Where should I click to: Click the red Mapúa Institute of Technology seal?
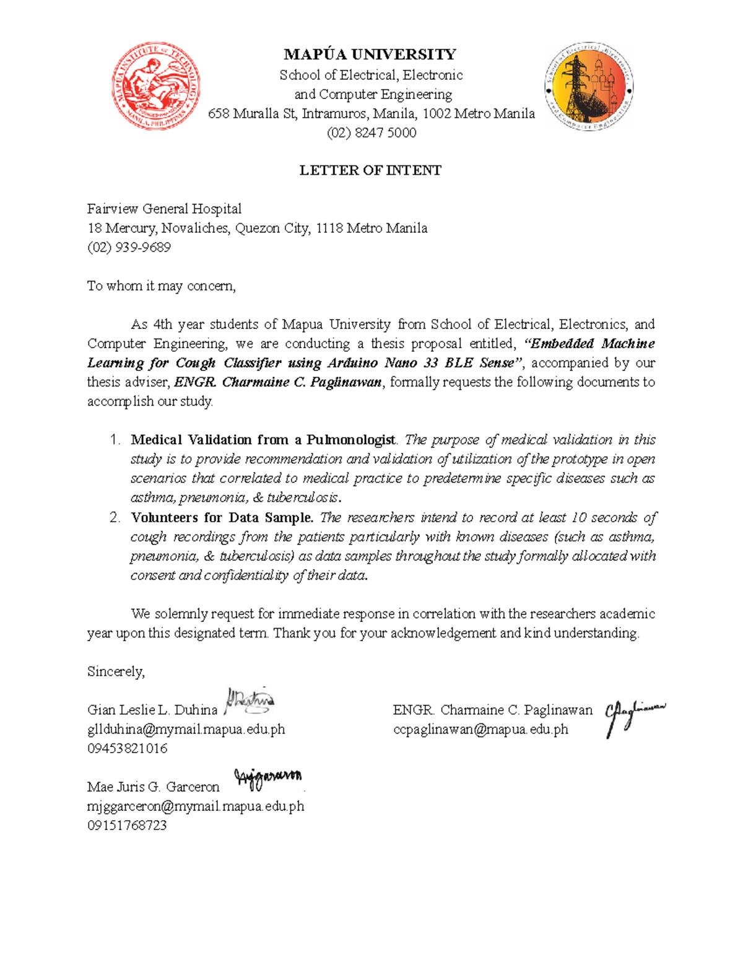pos(156,86)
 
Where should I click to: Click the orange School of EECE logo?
pos(589,87)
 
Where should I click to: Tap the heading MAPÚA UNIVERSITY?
pos(370,55)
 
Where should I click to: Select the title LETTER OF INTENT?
pos(370,170)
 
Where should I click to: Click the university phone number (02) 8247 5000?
pos(371,133)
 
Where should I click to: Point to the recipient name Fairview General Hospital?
pos(164,209)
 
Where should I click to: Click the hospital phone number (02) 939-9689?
pos(129,247)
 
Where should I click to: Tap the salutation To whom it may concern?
pos(161,286)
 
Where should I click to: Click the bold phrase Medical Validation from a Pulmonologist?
pos(263,440)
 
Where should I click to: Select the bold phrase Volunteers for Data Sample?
pos(222,517)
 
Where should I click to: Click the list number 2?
pos(114,517)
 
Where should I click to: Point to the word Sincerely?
pos(116,671)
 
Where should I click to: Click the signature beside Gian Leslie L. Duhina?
pos(250,701)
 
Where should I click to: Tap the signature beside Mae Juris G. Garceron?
pos(267,779)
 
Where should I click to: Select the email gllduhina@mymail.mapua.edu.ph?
pos(186,729)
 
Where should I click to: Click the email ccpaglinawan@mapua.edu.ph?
pos(480,729)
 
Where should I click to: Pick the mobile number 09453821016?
pos(128,748)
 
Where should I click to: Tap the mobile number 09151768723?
pos(127,825)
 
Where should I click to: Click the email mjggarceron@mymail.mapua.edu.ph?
pos(196,806)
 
